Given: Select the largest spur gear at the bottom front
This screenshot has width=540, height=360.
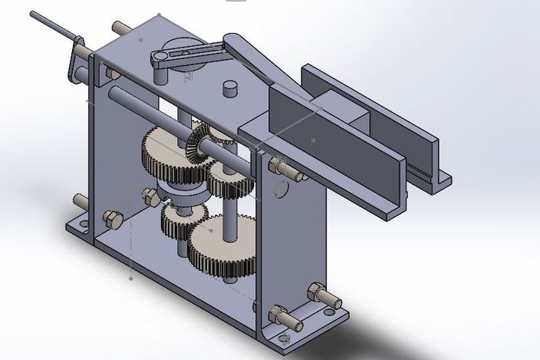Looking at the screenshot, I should point(222,246).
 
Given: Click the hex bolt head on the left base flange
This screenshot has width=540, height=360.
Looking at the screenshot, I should point(112,220).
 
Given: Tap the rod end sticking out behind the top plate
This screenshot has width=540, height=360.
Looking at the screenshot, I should point(121,28).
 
